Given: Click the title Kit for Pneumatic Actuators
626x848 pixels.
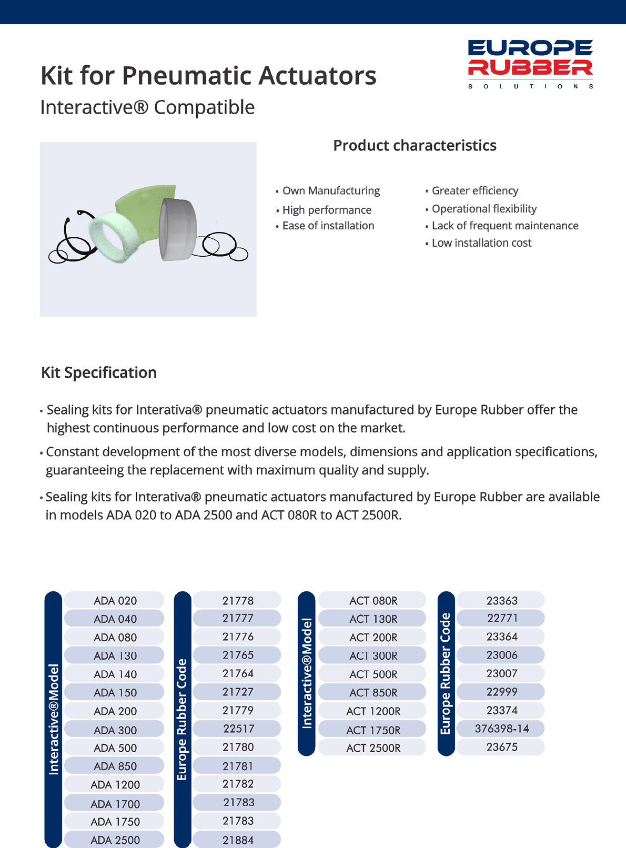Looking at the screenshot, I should [x=208, y=75].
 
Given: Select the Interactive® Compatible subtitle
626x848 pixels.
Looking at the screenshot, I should [x=147, y=107].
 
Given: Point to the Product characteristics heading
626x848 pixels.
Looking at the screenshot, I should [x=415, y=146].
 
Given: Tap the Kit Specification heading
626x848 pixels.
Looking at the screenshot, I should [x=99, y=373].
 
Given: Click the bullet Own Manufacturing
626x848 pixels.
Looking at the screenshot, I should [x=331, y=191].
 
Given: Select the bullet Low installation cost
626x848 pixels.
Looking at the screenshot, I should [x=481, y=243].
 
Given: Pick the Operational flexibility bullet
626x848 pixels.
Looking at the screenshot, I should [x=484, y=209].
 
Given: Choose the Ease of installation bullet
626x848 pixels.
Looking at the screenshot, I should [x=328, y=226].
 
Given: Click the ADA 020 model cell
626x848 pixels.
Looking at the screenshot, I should [x=115, y=600].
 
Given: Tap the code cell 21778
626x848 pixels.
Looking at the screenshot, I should [x=238, y=600].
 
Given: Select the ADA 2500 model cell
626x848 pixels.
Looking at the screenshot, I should [x=115, y=840].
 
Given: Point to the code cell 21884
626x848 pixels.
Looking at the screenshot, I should [x=238, y=840].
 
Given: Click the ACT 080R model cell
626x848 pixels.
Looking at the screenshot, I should [x=373, y=600].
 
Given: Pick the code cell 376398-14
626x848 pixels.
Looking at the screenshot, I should [x=501, y=729].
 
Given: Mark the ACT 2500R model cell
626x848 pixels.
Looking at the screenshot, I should [x=373, y=748].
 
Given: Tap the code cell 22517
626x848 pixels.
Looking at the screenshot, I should [x=238, y=729].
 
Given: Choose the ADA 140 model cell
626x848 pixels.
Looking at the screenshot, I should [x=115, y=674].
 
